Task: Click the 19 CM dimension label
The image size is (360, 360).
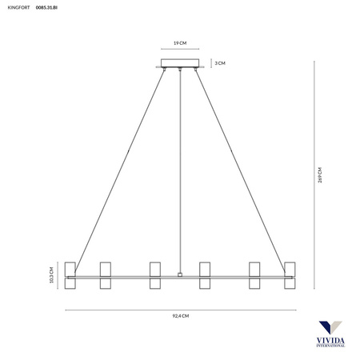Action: coord(180,43)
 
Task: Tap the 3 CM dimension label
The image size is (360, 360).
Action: coord(220,63)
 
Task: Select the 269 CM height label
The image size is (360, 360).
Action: coord(320,175)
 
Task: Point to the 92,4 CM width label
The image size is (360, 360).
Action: coord(181,316)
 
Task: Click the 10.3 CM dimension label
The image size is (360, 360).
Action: coord(51,275)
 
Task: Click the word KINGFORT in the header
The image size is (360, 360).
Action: coord(18,7)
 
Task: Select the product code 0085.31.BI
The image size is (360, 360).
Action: coord(46,7)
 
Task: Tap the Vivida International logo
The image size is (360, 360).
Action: coord(330,334)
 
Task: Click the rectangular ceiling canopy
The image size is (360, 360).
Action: coord(180,63)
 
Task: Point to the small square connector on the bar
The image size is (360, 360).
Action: coord(180,274)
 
